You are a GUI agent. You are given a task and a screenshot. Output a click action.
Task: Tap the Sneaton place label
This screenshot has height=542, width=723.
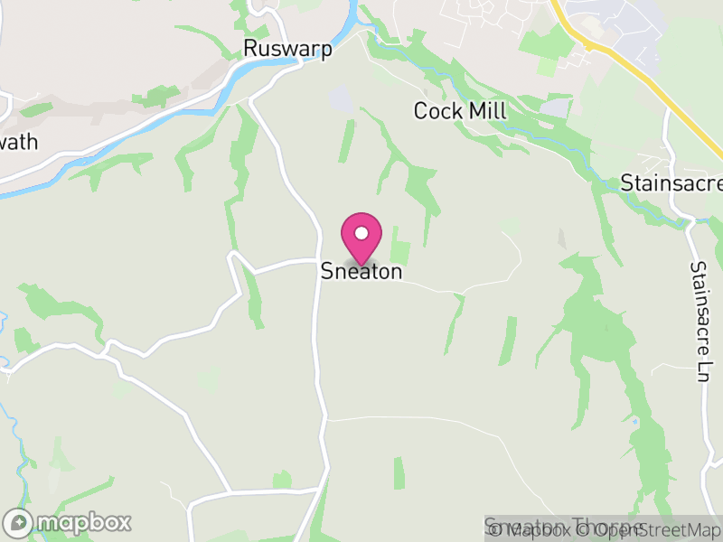pos(361,271)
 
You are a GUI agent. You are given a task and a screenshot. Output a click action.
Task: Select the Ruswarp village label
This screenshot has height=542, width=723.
pos(287,49)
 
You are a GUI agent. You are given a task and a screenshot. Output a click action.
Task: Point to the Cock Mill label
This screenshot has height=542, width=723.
pos(460,111)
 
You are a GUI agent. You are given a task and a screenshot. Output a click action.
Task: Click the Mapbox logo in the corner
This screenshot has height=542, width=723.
pos(69,522)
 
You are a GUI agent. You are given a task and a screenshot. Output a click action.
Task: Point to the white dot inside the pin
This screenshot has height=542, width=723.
pos(361,233)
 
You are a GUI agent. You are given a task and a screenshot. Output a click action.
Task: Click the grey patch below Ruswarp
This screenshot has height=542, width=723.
pos(342,100)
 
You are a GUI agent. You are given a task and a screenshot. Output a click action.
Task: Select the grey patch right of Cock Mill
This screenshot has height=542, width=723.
pos(557,108)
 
